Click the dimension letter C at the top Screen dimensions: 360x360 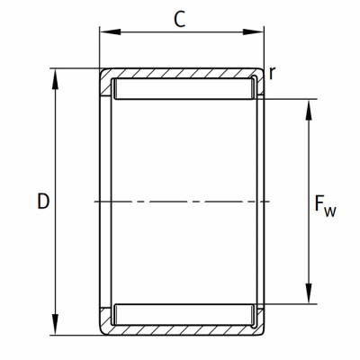pyautogui.click(x=179, y=20)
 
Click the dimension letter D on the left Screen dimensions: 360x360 pyautogui.click(x=43, y=202)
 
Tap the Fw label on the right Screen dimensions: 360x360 pyautogui.click(x=325, y=205)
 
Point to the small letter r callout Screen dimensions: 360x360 pyautogui.click(x=272, y=73)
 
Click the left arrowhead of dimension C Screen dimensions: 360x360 pyautogui.click(x=110, y=31)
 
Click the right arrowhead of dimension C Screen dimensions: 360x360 pyautogui.click(x=253, y=31)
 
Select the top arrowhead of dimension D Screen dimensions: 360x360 pyautogui.click(x=55, y=79)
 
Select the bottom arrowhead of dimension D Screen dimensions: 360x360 pyautogui.click(x=55, y=325)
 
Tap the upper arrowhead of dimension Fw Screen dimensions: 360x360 pyautogui.click(x=309, y=110)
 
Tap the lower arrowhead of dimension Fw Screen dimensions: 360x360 pyautogui.click(x=309, y=293)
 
